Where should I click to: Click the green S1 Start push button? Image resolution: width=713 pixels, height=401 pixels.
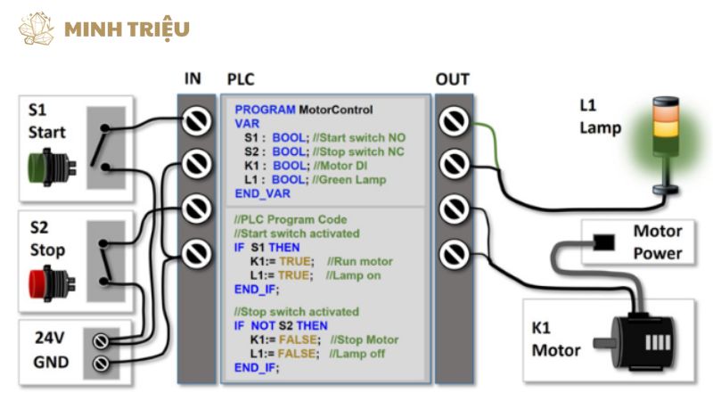tap(42, 166)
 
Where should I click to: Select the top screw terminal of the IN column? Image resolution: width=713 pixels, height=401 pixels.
tap(196, 120)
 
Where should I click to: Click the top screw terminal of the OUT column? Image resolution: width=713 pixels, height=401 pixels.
tap(454, 120)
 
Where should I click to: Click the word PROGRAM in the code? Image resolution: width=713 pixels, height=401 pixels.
tap(266, 110)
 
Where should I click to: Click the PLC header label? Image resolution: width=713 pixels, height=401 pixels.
tap(241, 79)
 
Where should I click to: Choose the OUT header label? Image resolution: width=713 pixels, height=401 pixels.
tap(453, 79)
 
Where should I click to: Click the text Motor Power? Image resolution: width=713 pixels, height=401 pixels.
tap(658, 241)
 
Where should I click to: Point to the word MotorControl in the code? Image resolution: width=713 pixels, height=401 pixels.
tap(336, 110)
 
